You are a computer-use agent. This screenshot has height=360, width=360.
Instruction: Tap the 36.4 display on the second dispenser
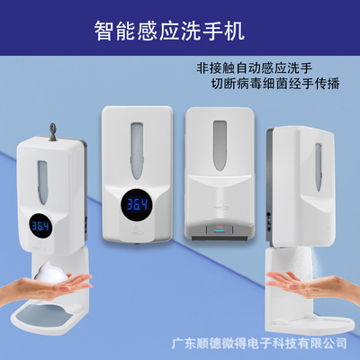coord(137,205)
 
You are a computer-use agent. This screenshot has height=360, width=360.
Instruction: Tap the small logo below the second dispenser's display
coord(137,231)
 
